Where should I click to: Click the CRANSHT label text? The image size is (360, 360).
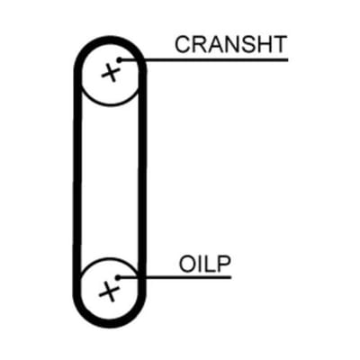click(230, 45)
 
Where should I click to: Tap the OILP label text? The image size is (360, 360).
click(205, 264)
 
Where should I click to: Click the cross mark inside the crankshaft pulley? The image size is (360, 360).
click(111, 73)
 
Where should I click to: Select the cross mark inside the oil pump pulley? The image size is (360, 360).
click(109, 292)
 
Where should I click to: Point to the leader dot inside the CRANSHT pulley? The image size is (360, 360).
click(120, 60)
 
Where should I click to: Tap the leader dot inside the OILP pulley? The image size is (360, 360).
click(118, 277)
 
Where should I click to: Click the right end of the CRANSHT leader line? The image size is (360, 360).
click(288, 60)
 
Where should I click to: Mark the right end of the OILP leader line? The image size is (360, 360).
click(231, 277)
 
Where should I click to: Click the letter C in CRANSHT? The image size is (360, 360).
click(183, 45)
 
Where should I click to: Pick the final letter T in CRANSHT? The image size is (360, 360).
click(280, 45)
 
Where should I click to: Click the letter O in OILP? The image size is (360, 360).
click(187, 264)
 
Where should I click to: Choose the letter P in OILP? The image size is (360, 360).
click(224, 264)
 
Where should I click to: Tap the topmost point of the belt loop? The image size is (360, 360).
click(110, 40)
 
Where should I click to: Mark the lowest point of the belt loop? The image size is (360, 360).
click(110, 324)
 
